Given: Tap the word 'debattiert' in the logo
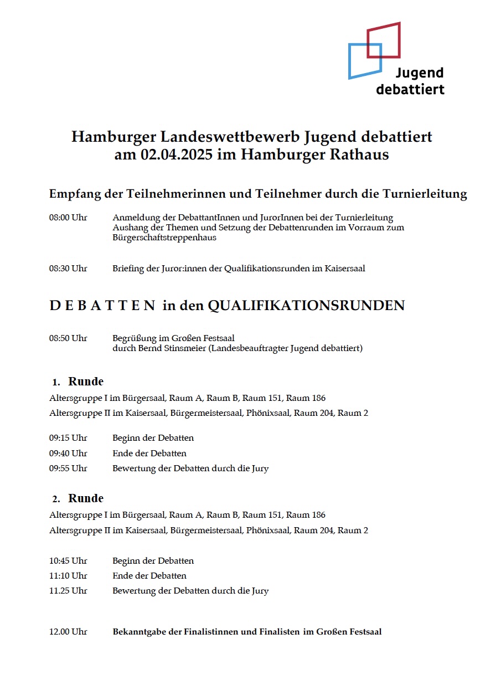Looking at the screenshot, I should [410, 89].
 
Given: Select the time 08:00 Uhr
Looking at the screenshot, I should [68, 218].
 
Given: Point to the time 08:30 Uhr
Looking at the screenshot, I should [68, 269].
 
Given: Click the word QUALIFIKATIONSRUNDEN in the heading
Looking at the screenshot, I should [306, 306].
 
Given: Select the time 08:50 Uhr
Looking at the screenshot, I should [68, 338].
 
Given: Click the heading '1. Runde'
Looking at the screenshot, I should [79, 382].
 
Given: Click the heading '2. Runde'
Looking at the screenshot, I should [79, 498].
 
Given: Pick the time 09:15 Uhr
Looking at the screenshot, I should [68, 438].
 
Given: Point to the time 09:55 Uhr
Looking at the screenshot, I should [68, 468].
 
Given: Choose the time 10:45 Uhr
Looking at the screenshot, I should [68, 561].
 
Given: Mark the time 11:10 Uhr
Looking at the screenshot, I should [68, 576].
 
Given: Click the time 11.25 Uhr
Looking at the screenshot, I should [68, 591].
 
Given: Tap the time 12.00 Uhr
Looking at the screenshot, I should [68, 632].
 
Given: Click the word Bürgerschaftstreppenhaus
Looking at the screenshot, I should [164, 238].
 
